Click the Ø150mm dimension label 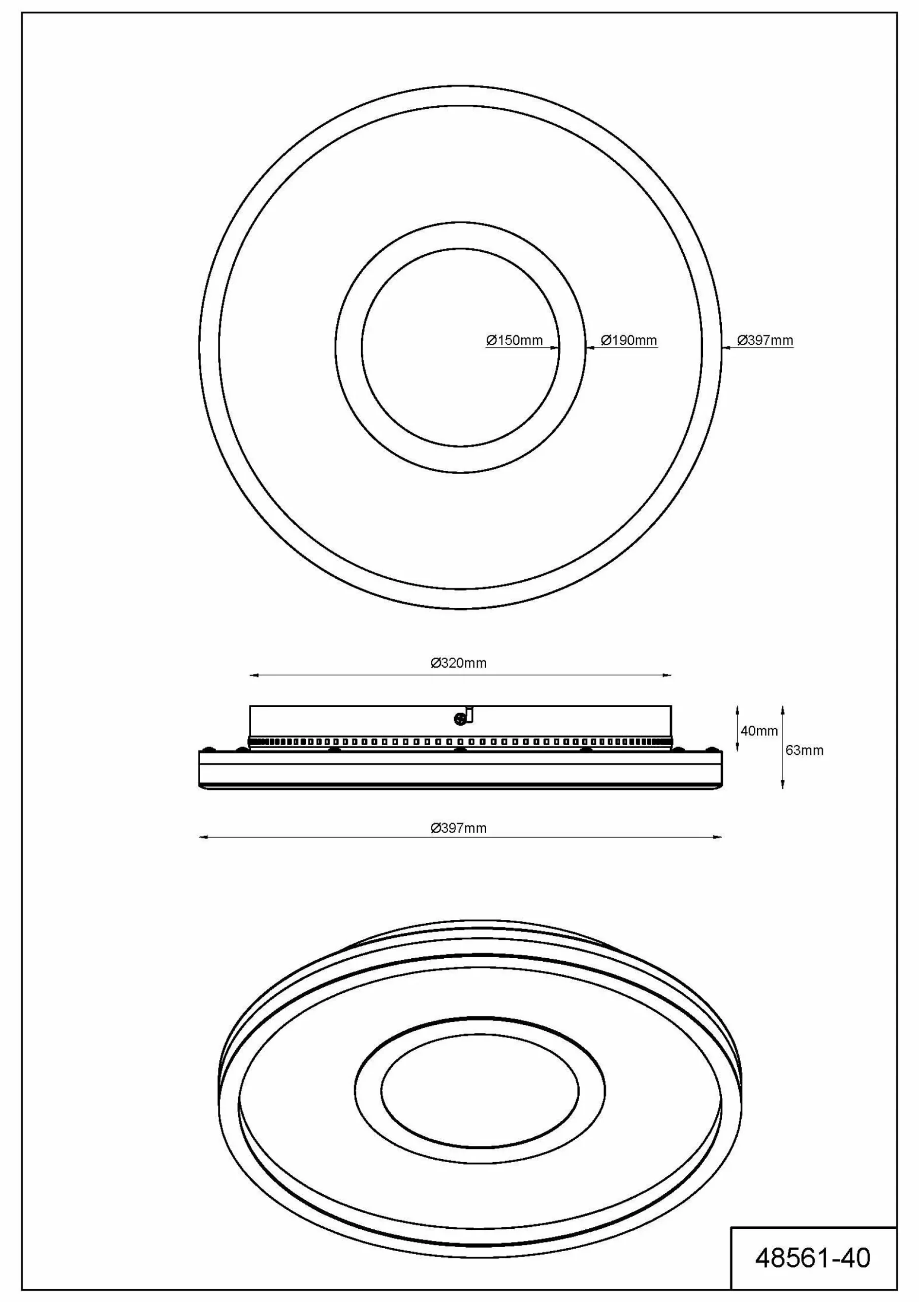point(515,340)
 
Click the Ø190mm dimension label point(629,340)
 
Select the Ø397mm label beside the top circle point(765,340)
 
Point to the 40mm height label point(759,731)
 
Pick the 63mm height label point(805,750)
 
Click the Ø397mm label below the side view point(458,828)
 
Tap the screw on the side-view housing point(459,719)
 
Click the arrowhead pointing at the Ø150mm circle point(555,347)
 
